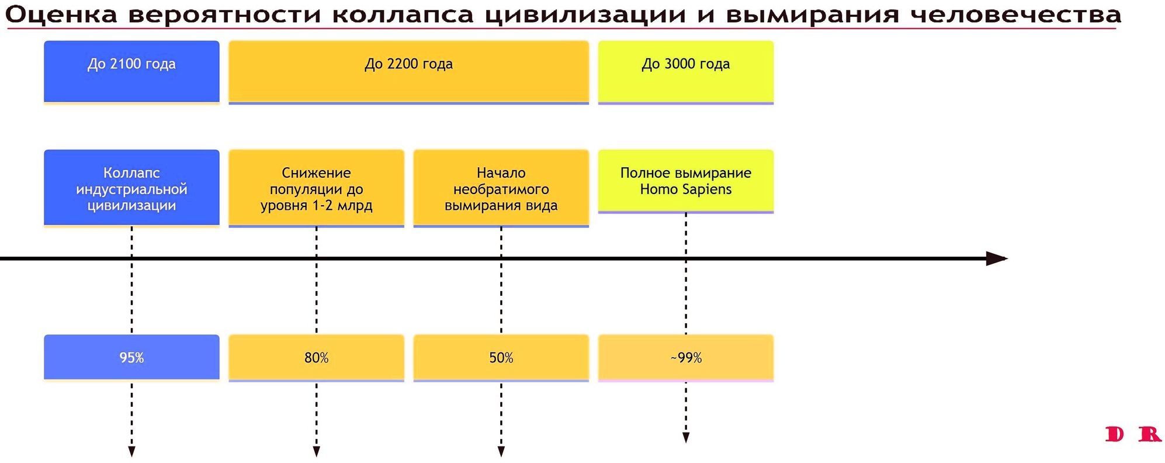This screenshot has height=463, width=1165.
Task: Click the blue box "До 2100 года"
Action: coord(131,71)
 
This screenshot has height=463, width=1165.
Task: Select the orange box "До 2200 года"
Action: coord(408,71)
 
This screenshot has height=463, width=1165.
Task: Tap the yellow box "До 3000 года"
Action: coord(685,71)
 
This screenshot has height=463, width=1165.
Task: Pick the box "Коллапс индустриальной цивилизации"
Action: coord(131,188)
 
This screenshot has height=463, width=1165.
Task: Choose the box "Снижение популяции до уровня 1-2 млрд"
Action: coord(316,188)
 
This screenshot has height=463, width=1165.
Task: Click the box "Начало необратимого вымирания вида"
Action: coord(501,188)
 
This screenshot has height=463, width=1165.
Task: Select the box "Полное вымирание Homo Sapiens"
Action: coord(685,181)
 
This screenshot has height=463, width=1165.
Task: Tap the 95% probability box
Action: coord(131,357)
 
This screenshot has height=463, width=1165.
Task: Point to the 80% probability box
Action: coord(316,357)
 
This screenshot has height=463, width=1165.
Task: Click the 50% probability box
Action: coord(501,357)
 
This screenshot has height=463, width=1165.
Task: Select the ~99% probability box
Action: coord(685,357)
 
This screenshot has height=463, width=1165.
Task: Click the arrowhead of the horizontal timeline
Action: coord(996,258)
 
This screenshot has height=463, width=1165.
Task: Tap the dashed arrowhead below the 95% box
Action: coord(131,451)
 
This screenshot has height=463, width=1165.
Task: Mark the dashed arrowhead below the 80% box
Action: coord(316,451)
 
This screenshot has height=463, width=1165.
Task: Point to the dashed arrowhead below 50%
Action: coord(501,451)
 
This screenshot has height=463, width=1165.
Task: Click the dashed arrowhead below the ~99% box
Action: coord(686,438)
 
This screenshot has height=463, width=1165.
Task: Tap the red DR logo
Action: coord(1132,434)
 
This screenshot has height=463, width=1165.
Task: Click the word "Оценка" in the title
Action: coord(61,15)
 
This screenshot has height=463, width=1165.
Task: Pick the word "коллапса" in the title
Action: coord(403,15)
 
